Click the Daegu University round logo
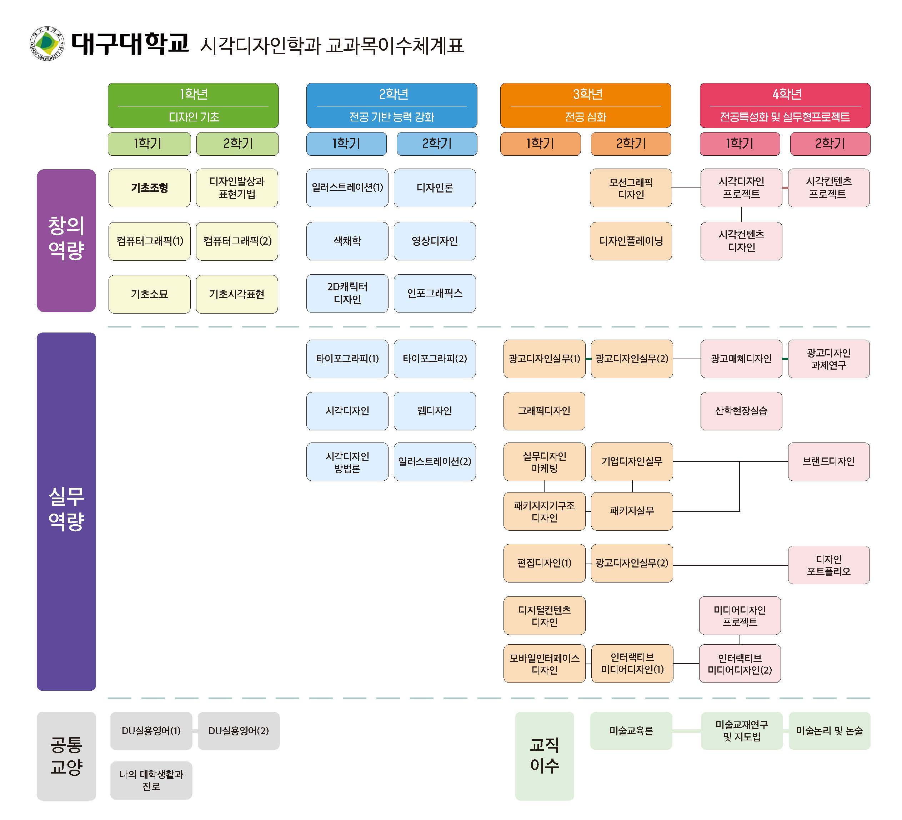[x=47, y=44]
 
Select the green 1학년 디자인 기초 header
[x=193, y=105]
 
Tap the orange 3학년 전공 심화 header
[x=585, y=105]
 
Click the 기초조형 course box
[x=149, y=187]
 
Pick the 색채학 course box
[x=347, y=241]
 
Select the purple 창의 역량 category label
[x=66, y=240]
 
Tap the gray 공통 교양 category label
[x=66, y=756]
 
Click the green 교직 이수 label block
[x=544, y=756]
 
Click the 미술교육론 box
[x=631, y=730]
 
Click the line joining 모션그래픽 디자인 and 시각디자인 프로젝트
[x=686, y=188]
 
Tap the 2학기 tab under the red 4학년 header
[x=830, y=144]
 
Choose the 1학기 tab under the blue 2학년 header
[x=346, y=144]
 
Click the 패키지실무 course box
[x=631, y=511]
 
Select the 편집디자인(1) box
[x=544, y=563]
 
